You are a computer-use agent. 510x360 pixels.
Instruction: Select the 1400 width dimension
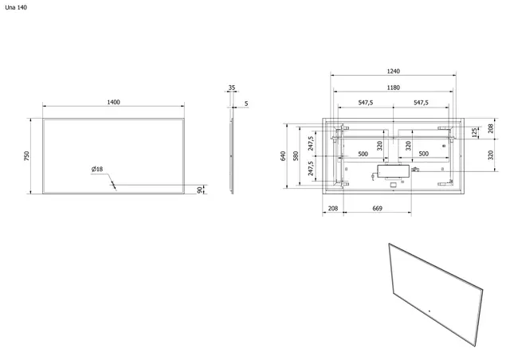coord(113,101)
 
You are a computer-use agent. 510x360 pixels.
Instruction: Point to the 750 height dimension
coord(27,156)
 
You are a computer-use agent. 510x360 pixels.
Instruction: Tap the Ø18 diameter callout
coord(98,169)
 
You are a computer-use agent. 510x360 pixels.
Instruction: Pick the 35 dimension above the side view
coord(232,88)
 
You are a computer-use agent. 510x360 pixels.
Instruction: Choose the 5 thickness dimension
coord(246,103)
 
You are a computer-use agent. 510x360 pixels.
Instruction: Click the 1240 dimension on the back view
coord(393,71)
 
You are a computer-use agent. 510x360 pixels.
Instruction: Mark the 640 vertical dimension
coord(283,156)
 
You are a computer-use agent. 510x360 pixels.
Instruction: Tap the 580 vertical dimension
coord(295,156)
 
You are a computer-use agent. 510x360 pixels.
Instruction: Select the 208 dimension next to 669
coord(332,209)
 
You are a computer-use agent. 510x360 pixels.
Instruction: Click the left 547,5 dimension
coord(367,103)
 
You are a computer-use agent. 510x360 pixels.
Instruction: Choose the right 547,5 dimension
coord(421,103)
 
